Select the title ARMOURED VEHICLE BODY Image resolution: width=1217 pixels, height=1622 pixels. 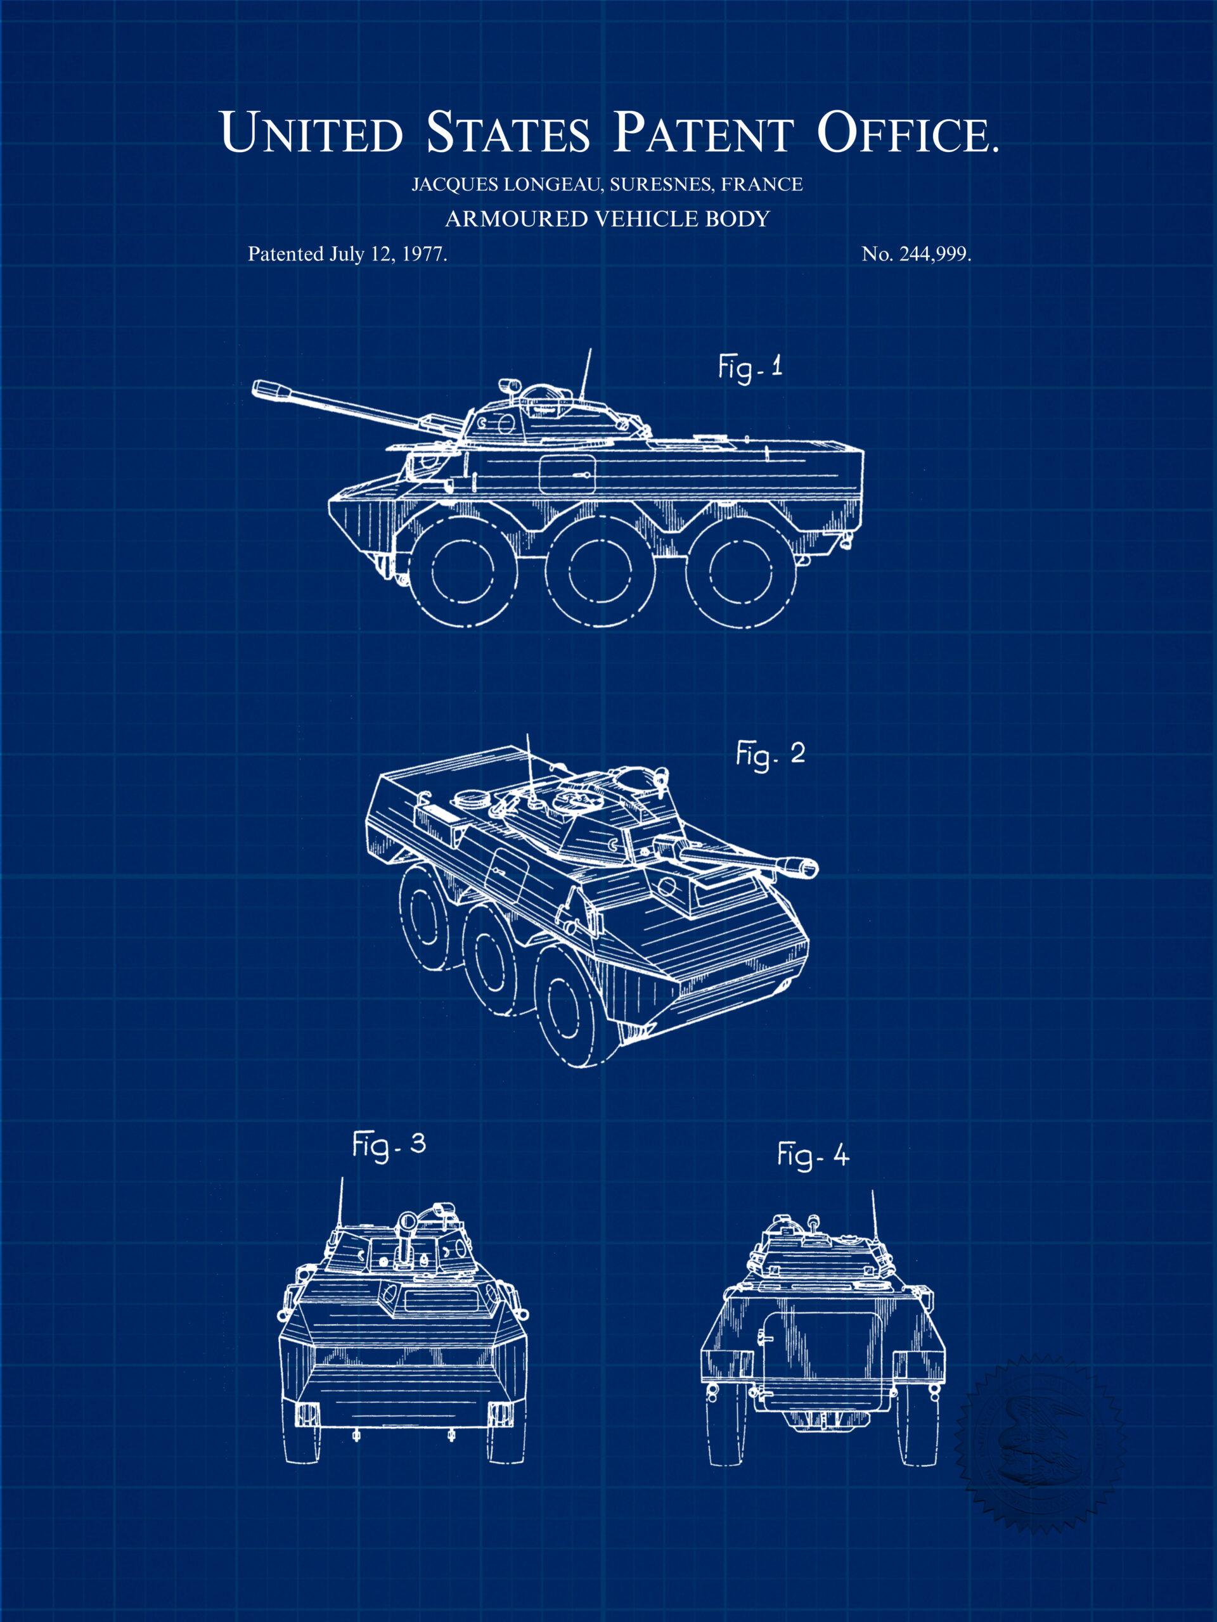click(x=608, y=219)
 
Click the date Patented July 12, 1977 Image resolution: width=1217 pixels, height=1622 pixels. click(x=349, y=255)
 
